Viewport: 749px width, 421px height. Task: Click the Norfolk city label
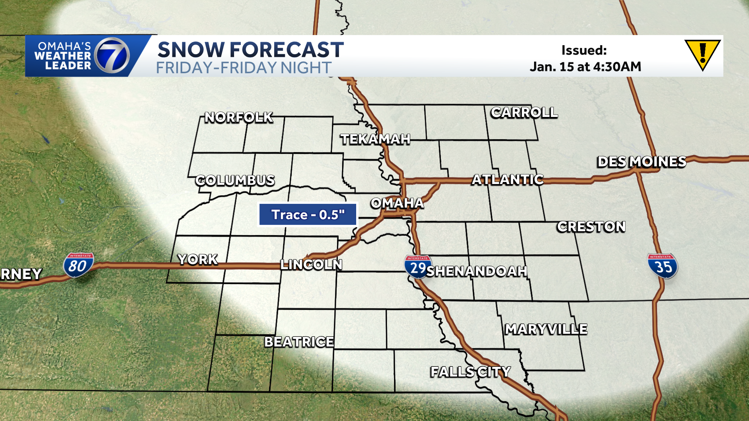(x=239, y=117)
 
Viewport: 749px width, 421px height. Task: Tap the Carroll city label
(x=524, y=113)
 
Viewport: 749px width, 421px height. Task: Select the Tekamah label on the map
(x=375, y=139)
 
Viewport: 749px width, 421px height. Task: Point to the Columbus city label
(x=235, y=180)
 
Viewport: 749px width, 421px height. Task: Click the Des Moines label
(x=642, y=162)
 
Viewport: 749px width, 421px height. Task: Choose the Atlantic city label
(x=508, y=180)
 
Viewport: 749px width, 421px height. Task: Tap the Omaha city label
(x=397, y=203)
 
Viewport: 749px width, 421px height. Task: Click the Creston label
(x=591, y=226)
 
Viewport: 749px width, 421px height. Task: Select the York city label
(x=198, y=259)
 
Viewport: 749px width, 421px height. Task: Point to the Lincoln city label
(x=311, y=265)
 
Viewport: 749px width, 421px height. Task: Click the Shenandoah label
(x=477, y=271)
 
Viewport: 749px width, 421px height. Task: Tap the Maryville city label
(x=546, y=329)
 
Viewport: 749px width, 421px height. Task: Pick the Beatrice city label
(x=299, y=342)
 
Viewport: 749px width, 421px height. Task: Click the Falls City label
(x=470, y=372)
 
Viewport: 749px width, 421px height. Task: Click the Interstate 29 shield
(x=417, y=267)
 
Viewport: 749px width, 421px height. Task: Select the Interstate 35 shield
(x=662, y=266)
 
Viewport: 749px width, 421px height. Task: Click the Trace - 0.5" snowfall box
(x=308, y=214)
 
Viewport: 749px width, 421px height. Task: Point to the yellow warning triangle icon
(x=702, y=54)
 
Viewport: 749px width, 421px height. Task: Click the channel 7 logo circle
(x=112, y=56)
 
